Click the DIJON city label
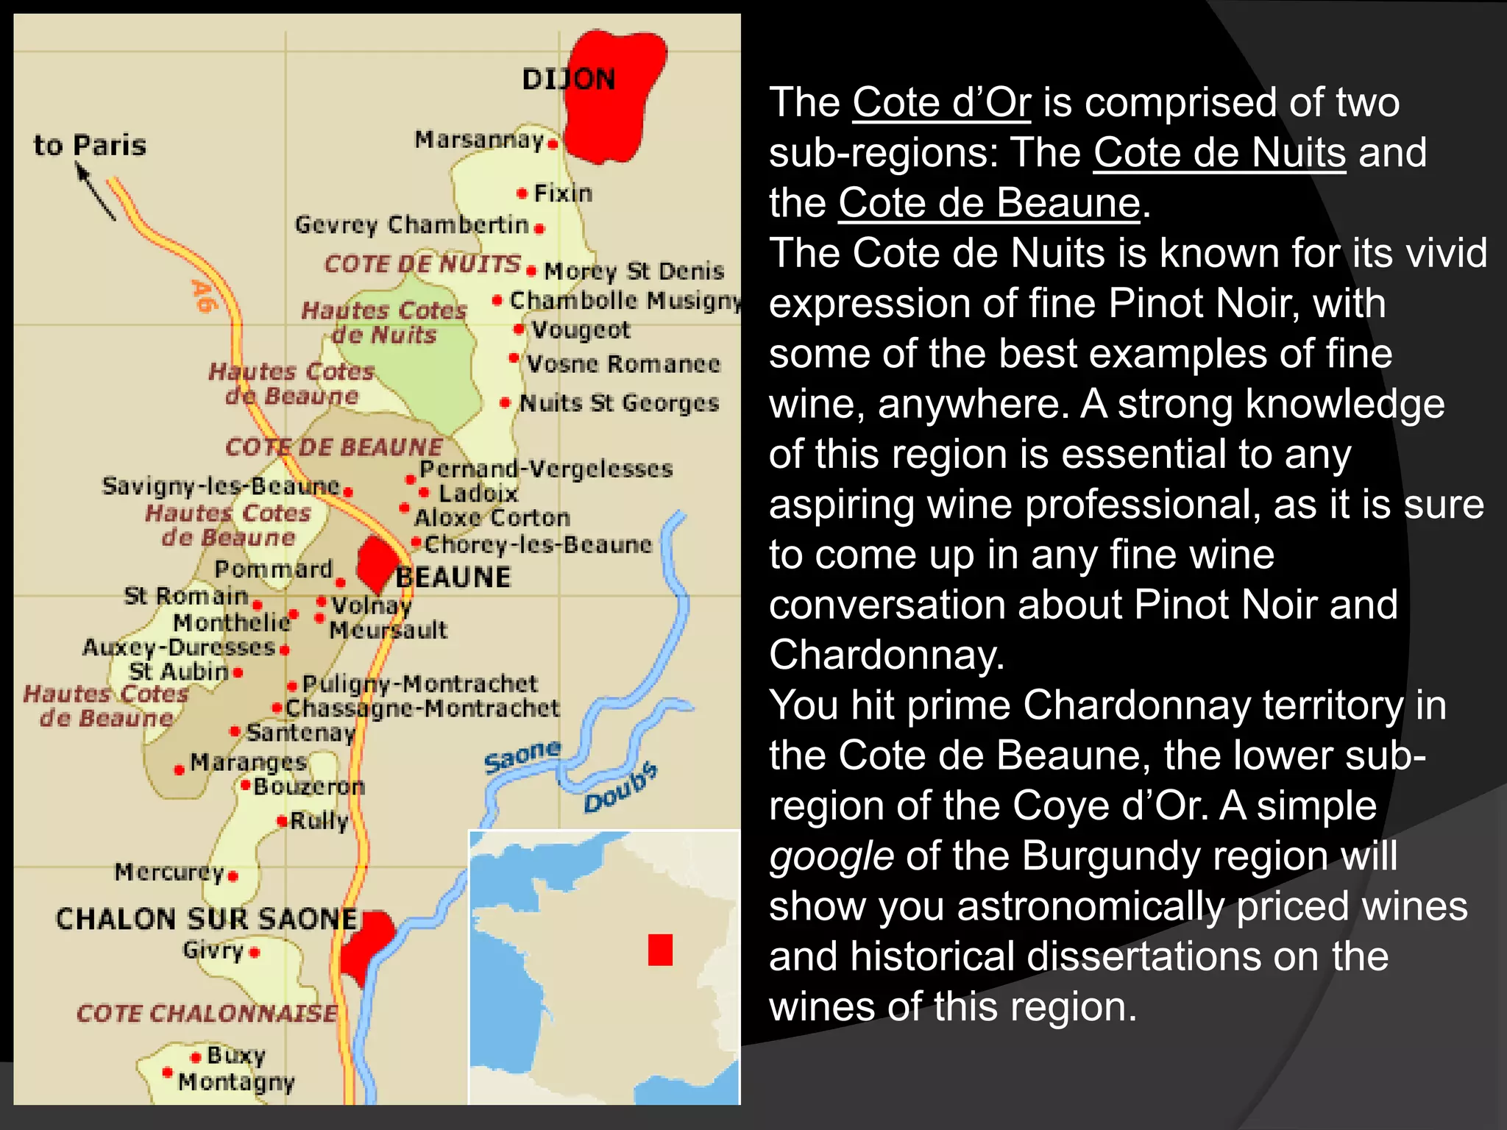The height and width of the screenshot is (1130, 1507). coord(568,79)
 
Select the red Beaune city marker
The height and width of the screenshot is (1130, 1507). coord(377,563)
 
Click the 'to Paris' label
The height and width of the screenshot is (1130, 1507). coord(90,145)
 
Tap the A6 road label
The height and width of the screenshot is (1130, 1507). coord(204,296)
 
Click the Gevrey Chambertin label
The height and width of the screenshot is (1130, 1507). coord(411,224)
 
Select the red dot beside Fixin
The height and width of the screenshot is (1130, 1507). coord(522,193)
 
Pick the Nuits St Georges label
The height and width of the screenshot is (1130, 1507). coord(619,403)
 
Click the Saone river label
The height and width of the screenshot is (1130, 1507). coord(522,757)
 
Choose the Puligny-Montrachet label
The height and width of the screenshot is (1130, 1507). coord(420,683)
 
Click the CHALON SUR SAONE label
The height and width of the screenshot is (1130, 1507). coord(207,919)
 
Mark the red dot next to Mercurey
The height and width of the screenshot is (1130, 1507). coord(233,876)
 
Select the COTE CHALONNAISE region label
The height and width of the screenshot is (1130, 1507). coord(207,1013)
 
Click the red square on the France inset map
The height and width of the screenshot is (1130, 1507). coord(660,950)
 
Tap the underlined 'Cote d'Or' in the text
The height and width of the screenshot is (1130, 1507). coord(941,102)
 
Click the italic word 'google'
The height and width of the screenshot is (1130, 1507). coord(831,856)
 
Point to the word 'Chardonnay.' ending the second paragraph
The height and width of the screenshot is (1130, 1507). coord(887,655)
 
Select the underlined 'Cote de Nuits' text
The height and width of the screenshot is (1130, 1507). coord(1219,152)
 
